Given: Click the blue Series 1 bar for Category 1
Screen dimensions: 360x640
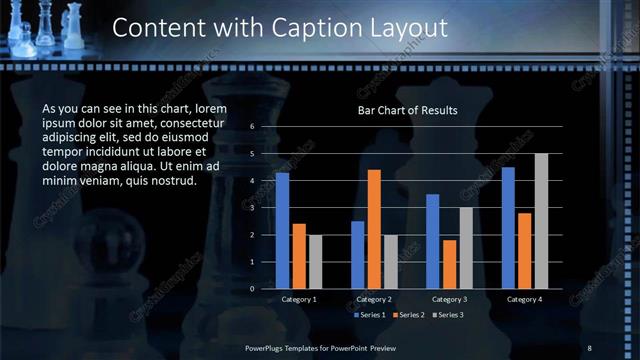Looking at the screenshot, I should click(x=282, y=231).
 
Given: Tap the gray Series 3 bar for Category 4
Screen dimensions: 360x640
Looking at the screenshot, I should click(x=541, y=221).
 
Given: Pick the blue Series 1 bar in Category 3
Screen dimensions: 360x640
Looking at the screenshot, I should click(x=432, y=241).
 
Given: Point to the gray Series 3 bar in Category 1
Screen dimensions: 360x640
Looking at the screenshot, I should click(x=316, y=262).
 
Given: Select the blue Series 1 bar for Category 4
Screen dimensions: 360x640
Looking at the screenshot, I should click(x=508, y=228).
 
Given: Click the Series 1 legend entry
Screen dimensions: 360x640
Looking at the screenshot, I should click(x=373, y=315).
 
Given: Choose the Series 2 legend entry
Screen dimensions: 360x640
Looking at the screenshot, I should click(x=410, y=315).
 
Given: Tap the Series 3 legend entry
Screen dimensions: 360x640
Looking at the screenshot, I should click(x=447, y=315).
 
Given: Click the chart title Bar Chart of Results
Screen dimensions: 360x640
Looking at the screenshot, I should click(x=407, y=111).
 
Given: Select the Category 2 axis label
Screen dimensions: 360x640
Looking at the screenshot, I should click(x=374, y=299).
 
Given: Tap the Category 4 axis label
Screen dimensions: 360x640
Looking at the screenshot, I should click(x=525, y=299).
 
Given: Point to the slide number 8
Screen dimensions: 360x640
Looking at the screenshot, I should click(x=589, y=347).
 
